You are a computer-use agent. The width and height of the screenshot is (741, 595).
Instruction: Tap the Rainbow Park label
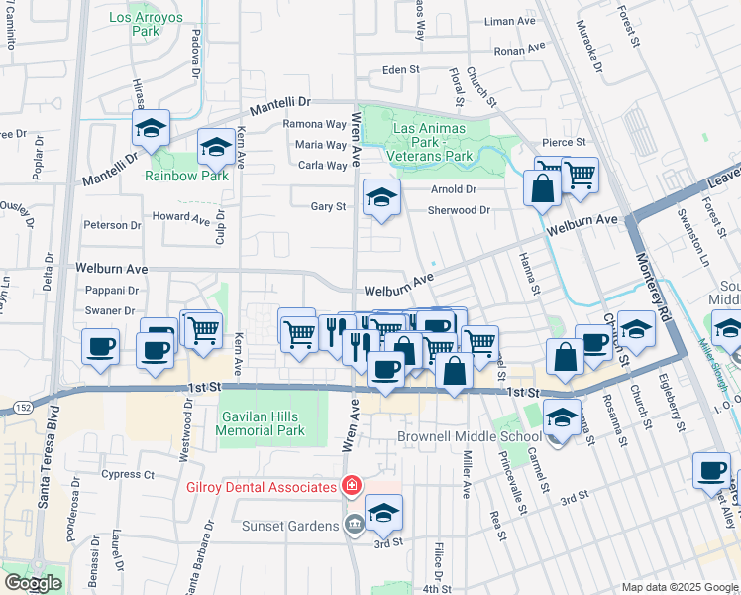click(x=186, y=176)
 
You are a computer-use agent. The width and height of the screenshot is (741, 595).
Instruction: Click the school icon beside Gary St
click(x=380, y=196)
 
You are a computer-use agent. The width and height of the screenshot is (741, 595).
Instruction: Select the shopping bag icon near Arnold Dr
click(x=542, y=188)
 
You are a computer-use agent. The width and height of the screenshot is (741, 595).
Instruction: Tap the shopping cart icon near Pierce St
click(x=580, y=175)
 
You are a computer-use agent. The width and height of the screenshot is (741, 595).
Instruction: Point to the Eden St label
click(x=401, y=71)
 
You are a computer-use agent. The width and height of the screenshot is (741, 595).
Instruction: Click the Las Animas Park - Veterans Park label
click(x=432, y=142)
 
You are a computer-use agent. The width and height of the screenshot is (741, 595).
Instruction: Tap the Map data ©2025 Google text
click(x=679, y=587)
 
